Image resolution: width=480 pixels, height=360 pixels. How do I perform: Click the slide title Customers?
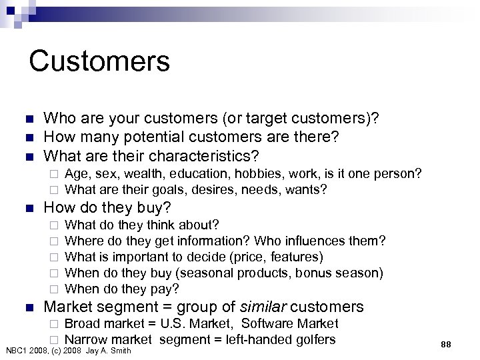tap(99, 61)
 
